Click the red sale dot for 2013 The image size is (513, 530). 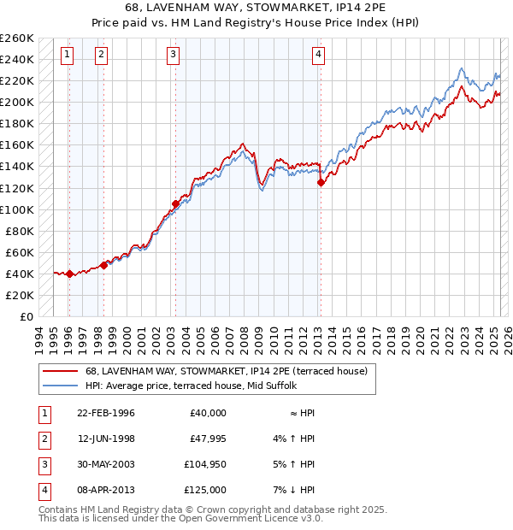pos(321,182)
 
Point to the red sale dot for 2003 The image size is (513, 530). pos(175,203)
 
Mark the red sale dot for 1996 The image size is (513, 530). pos(69,274)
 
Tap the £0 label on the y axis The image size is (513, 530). pos(27,316)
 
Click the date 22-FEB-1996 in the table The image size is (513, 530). pos(106,413)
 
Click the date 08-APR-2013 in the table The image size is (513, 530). pos(106,490)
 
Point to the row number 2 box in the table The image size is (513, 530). pos(43,439)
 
